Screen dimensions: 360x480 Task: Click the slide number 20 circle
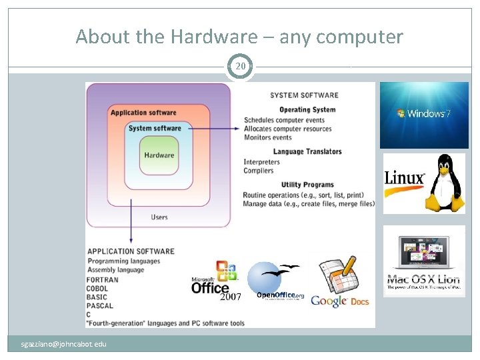pyautogui.click(x=240, y=67)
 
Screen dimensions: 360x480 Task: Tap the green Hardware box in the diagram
pyautogui.click(x=159, y=155)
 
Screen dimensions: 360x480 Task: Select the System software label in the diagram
pyautogui.click(x=155, y=128)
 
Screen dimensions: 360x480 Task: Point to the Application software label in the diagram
pyautogui.click(x=143, y=113)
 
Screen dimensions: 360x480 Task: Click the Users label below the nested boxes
pyautogui.click(x=159, y=217)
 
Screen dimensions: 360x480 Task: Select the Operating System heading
pyautogui.click(x=307, y=110)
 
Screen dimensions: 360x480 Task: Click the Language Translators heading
pyautogui.click(x=307, y=151)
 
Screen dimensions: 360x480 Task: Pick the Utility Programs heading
pyautogui.click(x=307, y=185)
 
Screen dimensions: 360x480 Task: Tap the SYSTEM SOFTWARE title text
pyautogui.click(x=304, y=95)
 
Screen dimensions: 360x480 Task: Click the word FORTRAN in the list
pyautogui.click(x=103, y=280)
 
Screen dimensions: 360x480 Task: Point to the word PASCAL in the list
pyautogui.click(x=100, y=306)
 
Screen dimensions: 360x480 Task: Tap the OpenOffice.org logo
pyautogui.click(x=277, y=283)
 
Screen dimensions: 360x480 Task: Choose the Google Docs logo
pyautogui.click(x=340, y=284)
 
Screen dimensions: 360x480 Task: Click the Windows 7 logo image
pyautogui.click(x=424, y=115)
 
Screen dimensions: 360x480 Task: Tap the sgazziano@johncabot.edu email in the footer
pyautogui.click(x=63, y=344)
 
